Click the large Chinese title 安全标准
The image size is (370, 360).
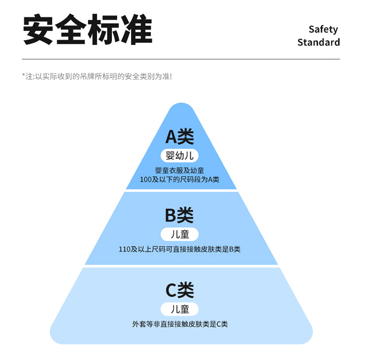pos(88,31)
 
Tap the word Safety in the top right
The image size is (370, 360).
pos(323,29)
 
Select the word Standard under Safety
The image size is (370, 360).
pos(318,42)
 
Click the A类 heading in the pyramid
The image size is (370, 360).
pos(179,137)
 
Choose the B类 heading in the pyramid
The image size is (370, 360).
pos(179,215)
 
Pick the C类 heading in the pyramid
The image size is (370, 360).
pos(179,290)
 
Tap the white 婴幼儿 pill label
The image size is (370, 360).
pos(180,156)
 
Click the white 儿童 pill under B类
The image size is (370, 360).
pos(180,234)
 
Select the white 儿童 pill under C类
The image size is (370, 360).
pos(180,309)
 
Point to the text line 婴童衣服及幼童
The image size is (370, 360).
pos(180,171)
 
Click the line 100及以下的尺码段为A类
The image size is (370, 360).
pos(180,180)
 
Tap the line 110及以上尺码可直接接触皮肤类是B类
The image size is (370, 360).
pos(180,249)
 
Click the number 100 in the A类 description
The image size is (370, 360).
pos(146,180)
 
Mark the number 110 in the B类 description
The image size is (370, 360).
pos(125,249)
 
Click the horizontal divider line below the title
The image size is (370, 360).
pos(182,59)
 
